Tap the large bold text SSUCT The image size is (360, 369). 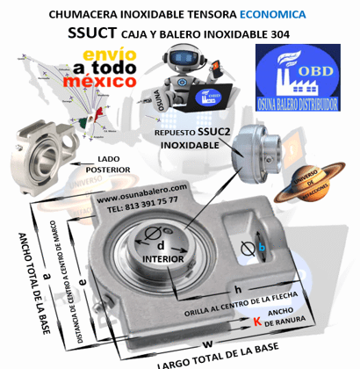96,34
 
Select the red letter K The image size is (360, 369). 256,322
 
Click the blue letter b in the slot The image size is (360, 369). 262,247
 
